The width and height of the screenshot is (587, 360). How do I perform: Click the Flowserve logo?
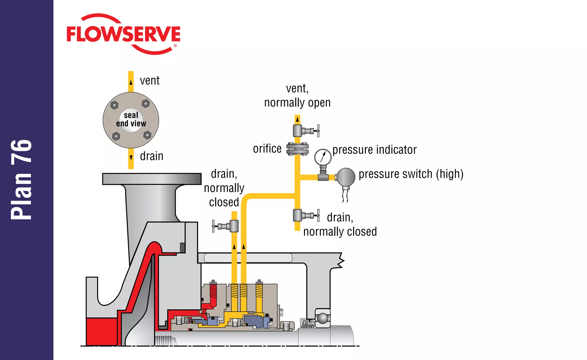pos(123,34)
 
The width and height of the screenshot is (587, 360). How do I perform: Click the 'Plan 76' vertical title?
pos(21,180)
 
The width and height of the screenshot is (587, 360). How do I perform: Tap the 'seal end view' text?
pos(131,119)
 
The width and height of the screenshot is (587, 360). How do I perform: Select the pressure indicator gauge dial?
pos(323,157)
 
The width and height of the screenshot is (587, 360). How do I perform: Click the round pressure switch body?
pos(346,177)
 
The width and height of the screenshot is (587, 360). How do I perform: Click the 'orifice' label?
pos(267,149)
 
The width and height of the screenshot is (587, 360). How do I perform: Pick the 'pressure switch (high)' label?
pos(411,174)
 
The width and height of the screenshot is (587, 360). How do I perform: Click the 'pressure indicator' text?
pos(374,150)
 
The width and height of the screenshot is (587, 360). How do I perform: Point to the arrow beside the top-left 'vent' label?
pos(131,82)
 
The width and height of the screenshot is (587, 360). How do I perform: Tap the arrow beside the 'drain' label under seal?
pos(131,157)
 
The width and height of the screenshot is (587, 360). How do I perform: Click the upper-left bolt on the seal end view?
pos(114,105)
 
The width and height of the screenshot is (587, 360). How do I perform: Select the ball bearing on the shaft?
pos(323,318)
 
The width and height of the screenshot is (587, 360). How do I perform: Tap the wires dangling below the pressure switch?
pos(345,196)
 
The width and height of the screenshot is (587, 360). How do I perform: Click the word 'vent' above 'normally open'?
pos(297,88)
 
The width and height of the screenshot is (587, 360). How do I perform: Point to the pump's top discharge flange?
pos(152,179)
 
